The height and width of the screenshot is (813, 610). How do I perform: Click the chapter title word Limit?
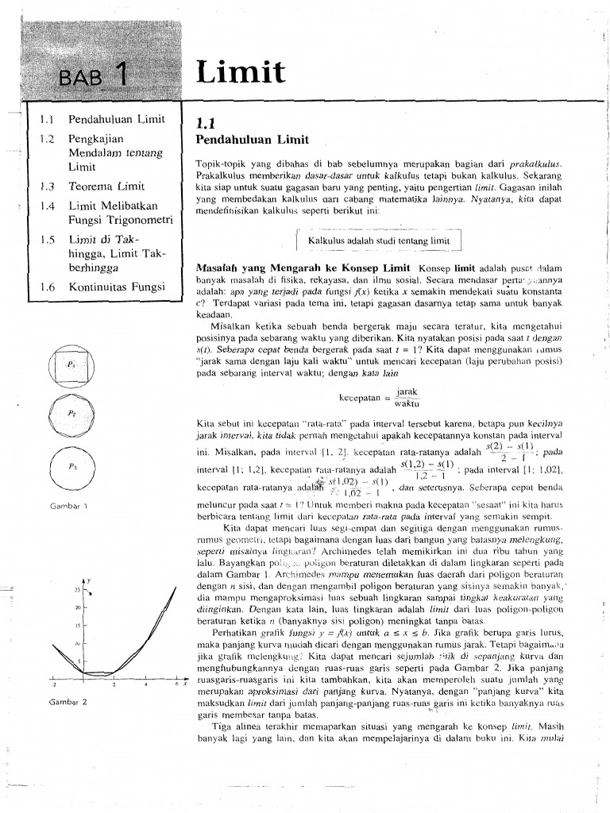coord(241,73)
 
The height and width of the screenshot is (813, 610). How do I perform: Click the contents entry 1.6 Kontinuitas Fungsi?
coord(103,287)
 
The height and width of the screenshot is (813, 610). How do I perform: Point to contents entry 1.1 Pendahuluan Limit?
coord(103,120)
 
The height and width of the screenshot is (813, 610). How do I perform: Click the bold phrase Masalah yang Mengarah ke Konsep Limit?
coord(304,268)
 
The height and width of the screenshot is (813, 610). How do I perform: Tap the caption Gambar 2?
coord(68,702)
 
